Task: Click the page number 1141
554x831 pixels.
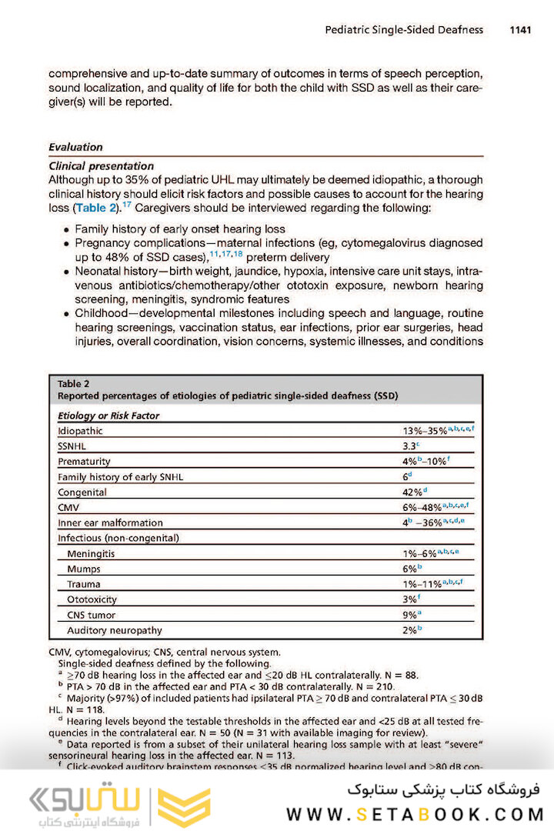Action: [x=520, y=30]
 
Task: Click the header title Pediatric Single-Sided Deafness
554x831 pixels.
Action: [x=404, y=30]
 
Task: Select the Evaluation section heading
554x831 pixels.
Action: [x=75, y=147]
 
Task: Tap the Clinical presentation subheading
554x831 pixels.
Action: [x=101, y=165]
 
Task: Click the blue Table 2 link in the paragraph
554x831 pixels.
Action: [x=98, y=208]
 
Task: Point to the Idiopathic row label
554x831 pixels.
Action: [x=80, y=431]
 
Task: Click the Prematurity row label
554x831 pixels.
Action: [x=84, y=462]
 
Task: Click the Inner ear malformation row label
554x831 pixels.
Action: [x=110, y=523]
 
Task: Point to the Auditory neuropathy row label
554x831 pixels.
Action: [x=115, y=631]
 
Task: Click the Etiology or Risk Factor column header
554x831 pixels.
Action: [x=108, y=416]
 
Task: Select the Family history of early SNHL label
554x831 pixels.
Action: [x=120, y=477]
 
